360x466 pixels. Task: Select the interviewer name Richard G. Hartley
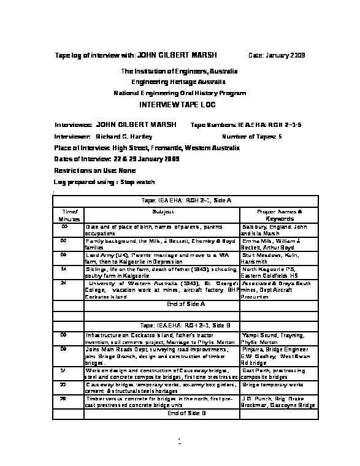124,136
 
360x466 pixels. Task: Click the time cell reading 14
64,269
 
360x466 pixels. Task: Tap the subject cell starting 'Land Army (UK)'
161,258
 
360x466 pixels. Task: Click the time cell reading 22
64,384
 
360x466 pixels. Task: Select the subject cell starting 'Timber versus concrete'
161,401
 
